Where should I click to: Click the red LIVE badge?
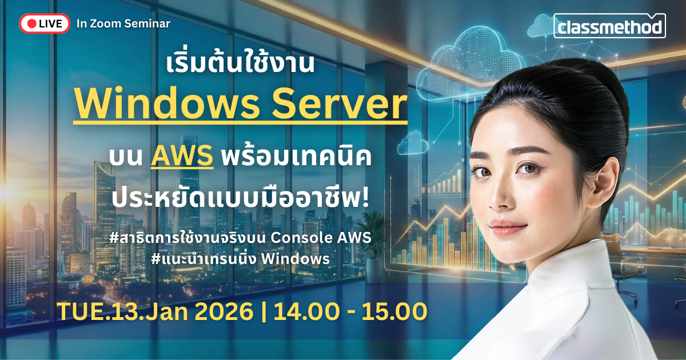click(45, 23)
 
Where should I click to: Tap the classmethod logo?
click(609, 26)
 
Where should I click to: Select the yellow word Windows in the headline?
click(167, 104)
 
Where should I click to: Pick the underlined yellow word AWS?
click(182, 156)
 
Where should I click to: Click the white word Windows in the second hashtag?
click(295, 259)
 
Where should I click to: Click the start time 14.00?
click(306, 311)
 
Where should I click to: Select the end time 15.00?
click(394, 311)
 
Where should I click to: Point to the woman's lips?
click(507, 227)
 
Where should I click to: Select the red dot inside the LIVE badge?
click(32, 23)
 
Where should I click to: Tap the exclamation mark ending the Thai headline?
click(365, 198)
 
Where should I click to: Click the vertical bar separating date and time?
click(264, 311)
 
